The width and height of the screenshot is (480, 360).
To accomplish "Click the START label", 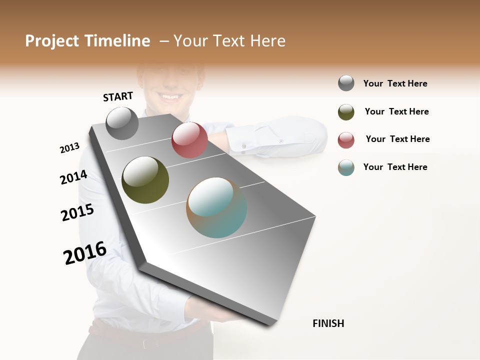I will coord(118,96).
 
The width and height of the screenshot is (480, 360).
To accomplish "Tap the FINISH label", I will coord(328,323).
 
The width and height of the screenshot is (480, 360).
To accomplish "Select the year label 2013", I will coord(69,148).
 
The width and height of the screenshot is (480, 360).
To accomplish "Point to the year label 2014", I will coord(73,177).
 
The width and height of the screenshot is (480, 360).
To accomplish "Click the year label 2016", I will coord(85,253).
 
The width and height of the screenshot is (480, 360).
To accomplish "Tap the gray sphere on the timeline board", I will coord(122,123).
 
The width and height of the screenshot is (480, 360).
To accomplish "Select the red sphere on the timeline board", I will coord(189,140).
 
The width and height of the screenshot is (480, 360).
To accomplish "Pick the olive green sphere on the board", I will coord(145,180).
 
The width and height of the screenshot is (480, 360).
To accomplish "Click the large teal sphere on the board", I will coord(216,207).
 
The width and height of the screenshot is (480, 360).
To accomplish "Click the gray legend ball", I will coord(346,83).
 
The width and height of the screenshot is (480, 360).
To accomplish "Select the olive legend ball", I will coord(346,112).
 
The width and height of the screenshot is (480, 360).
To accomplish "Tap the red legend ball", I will coord(346,140).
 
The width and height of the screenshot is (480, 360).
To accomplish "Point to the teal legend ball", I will coord(346,167).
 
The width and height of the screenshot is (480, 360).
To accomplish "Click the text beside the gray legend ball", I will coord(395,83).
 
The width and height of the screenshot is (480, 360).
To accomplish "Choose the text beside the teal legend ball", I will coord(395,167).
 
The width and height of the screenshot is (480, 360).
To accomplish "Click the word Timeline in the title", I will coord(118,41).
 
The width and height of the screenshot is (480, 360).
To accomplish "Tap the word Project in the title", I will coord(51,41).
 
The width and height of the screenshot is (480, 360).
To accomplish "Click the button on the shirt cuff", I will coord(244,145).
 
